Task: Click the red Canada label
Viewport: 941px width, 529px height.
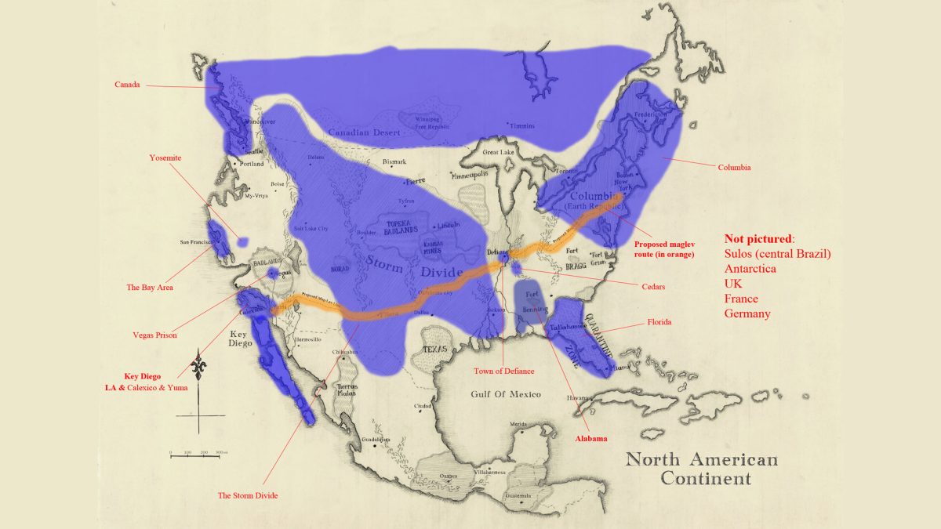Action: (x=127, y=85)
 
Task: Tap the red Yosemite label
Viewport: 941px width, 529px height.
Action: (x=165, y=158)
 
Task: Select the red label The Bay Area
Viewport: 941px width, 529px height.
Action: (x=149, y=288)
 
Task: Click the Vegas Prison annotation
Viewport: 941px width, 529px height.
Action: (x=154, y=335)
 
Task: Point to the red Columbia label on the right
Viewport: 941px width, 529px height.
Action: (x=734, y=167)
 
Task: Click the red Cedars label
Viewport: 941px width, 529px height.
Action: (x=652, y=287)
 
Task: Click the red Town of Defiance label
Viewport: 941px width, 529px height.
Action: (x=503, y=371)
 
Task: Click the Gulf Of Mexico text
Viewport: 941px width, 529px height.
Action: (x=508, y=394)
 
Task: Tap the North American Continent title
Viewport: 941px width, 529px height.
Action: (x=701, y=469)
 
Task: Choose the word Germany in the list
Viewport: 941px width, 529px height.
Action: (x=747, y=313)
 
